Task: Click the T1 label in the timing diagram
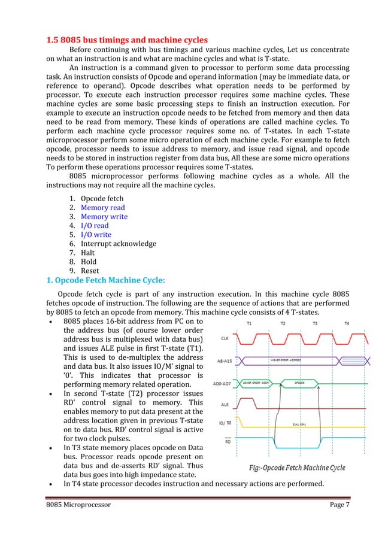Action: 250,324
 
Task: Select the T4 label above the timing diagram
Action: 347,324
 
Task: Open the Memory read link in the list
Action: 103,208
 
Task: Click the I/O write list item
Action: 96,235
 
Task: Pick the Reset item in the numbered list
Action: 90,271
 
